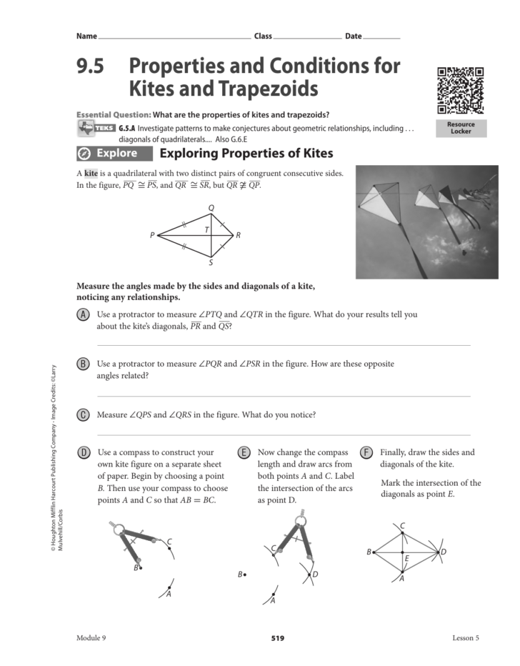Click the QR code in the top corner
click(461, 91)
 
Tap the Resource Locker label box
click(461, 128)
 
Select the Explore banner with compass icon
click(114, 154)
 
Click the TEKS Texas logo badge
click(96, 128)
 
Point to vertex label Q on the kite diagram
click(211, 208)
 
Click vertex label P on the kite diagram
click(152, 235)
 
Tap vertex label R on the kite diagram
click(239, 235)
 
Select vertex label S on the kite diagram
click(211, 263)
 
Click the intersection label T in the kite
click(206, 229)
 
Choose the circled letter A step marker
click(83, 314)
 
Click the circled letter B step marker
click(83, 364)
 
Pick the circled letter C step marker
click(83, 414)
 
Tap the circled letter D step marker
click(83, 452)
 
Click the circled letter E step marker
click(244, 452)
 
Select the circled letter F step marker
click(366, 452)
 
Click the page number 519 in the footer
click(278, 638)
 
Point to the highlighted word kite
click(91, 174)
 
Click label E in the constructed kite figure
click(407, 558)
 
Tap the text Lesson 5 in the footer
click(466, 638)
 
